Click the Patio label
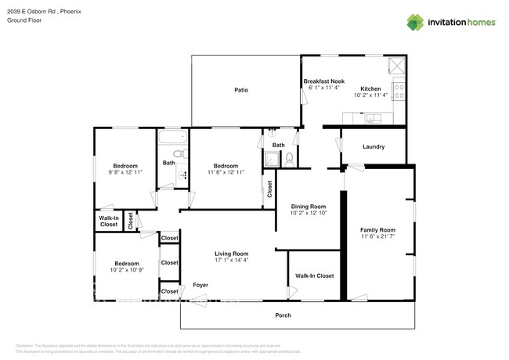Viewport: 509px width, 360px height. click(241, 90)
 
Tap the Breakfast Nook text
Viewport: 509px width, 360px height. click(323, 81)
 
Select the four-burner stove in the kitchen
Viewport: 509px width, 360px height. click(398, 92)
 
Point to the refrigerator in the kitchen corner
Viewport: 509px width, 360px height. click(396, 65)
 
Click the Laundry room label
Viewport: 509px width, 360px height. click(373, 146)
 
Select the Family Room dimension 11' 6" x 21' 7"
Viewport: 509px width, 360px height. click(377, 236)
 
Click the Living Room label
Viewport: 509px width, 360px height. click(231, 254)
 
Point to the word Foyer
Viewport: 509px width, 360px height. click(200, 285)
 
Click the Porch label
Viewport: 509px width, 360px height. click(283, 315)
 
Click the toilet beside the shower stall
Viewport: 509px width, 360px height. click(289, 159)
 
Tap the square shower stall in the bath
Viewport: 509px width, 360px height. click(272, 159)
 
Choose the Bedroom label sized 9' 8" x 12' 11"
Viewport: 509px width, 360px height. click(125, 165)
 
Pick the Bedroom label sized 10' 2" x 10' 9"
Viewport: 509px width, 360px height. click(126, 264)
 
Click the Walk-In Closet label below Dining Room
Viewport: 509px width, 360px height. click(314, 275)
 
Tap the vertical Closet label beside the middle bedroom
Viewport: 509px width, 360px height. click(269, 189)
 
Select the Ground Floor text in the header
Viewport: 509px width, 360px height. click(23, 20)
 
